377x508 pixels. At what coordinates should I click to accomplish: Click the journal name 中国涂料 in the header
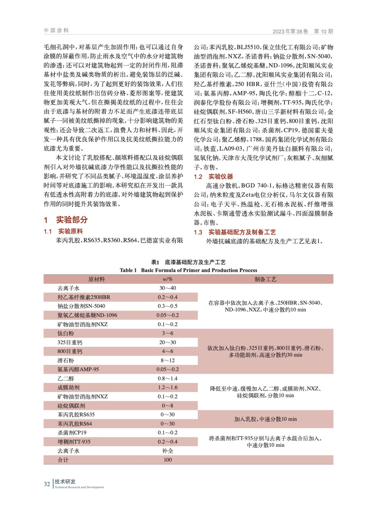56,30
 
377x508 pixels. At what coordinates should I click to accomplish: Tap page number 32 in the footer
47,484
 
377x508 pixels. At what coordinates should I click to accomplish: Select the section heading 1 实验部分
66,220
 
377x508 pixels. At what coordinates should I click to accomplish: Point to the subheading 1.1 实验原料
63,231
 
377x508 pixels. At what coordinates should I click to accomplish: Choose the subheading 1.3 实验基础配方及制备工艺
235,232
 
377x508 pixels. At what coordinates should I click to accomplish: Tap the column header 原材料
97,279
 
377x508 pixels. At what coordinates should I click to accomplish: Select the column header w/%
167,279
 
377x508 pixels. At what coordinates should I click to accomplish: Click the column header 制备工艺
265,279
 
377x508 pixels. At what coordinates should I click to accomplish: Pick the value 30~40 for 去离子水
167,288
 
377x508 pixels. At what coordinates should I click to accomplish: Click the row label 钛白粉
66,333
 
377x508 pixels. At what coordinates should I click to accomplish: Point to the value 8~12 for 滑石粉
167,360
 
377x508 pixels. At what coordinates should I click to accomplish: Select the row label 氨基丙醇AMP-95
78,369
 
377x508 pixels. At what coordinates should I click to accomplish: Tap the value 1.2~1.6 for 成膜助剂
167,387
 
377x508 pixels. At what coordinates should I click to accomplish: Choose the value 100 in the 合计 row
167,460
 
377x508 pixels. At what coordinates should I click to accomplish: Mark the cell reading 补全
167,451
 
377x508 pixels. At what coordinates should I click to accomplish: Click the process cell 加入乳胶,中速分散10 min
265,419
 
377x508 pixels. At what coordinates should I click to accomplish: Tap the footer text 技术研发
65,482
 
